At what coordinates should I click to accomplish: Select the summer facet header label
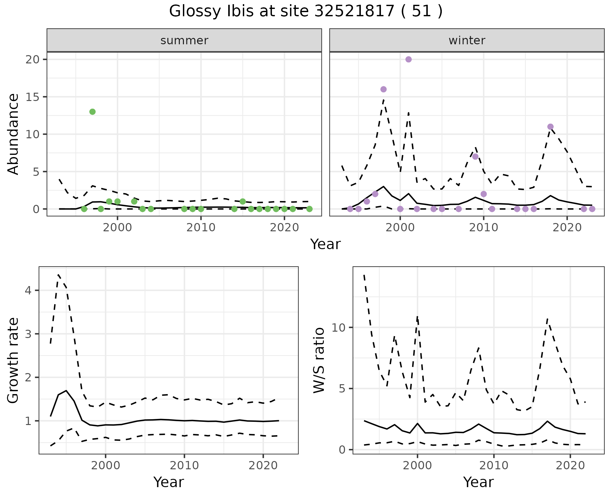(184, 40)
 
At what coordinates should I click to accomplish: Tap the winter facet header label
(467, 40)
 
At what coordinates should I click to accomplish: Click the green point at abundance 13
(92, 112)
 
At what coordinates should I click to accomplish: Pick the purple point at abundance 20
(408, 59)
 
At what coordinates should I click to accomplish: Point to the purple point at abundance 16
(383, 89)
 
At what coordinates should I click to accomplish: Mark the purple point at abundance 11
(550, 126)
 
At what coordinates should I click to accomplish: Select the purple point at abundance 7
(475, 156)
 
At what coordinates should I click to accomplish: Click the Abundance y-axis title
(13, 134)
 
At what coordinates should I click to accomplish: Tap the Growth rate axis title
(13, 361)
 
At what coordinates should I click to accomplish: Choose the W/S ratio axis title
(319, 361)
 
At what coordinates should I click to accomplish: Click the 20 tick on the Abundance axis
(32, 60)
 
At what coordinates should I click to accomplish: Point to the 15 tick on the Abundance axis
(32, 97)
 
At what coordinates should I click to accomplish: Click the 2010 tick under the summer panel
(201, 228)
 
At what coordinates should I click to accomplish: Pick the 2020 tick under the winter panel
(567, 228)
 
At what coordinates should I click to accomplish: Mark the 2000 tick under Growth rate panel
(106, 465)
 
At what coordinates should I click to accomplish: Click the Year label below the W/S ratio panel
(478, 482)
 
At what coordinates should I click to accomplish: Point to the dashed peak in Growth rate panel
(59, 275)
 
